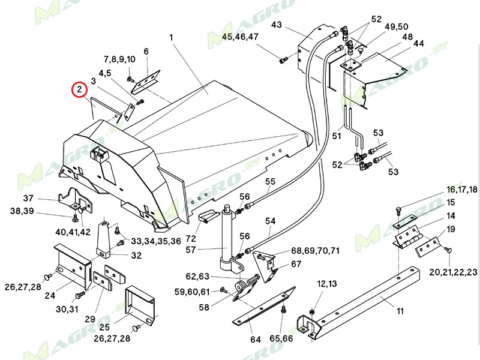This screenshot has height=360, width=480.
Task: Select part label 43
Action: click(277, 25)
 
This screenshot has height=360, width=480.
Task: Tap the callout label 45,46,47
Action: click(240, 37)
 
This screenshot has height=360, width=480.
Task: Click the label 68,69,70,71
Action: click(316, 250)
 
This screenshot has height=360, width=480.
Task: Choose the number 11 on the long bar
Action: click(400, 311)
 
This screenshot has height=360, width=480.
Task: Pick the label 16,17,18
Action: click(461, 189)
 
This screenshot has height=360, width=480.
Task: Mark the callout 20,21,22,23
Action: click(454, 272)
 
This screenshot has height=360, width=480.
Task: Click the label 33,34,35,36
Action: click(155, 241)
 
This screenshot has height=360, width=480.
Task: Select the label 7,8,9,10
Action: click(119, 59)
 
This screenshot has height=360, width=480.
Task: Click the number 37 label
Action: click(29, 199)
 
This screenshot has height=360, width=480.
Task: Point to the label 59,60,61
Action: click(193, 292)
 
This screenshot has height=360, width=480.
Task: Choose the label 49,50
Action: click(397, 26)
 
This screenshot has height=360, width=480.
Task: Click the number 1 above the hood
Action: click(171, 37)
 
